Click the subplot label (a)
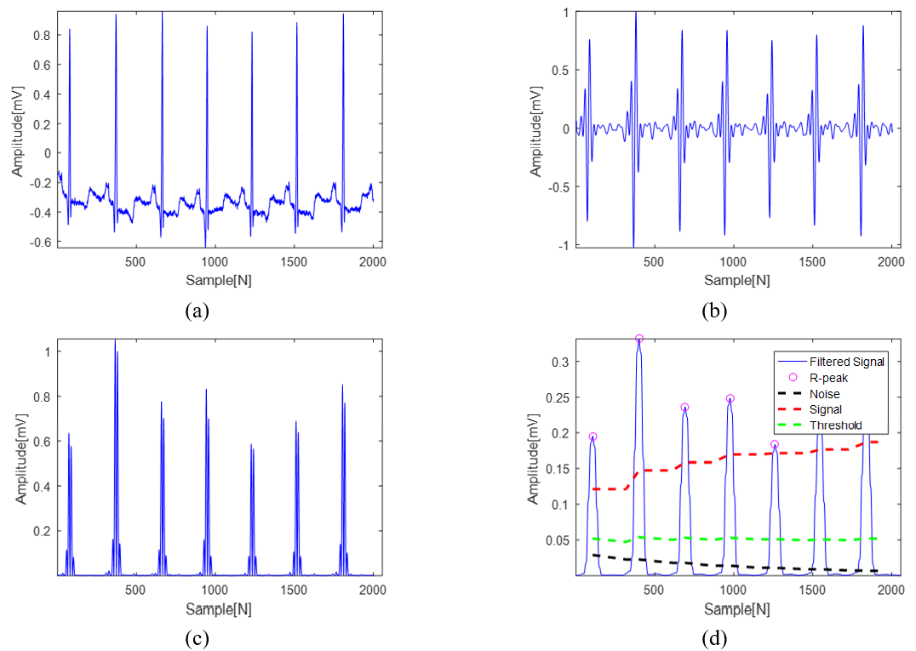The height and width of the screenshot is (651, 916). tap(197, 311)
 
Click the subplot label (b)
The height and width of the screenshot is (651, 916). tap(714, 311)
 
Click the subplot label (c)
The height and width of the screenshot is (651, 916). tap(197, 637)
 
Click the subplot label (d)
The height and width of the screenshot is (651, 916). tap(714, 637)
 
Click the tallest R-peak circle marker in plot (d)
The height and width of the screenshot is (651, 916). tap(638, 339)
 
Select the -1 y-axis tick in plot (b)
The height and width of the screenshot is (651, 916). tap(562, 246)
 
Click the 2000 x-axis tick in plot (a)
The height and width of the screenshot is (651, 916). tap(372, 263)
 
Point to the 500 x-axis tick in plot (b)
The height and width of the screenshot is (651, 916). tap(654, 263)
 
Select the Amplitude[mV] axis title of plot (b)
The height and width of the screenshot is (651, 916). tap(535, 129)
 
